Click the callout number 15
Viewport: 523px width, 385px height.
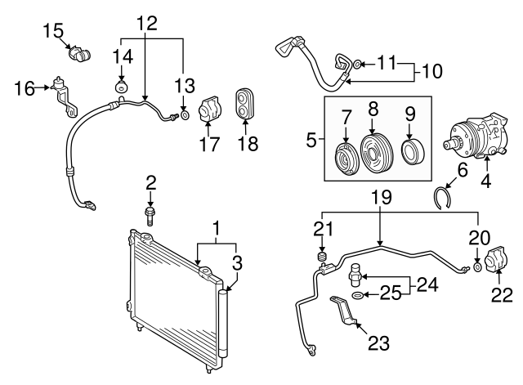tap(53, 30)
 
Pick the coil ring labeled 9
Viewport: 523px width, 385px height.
tap(413, 153)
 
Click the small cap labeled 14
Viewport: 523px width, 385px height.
tap(122, 88)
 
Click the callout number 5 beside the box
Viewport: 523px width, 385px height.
tap(311, 140)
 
